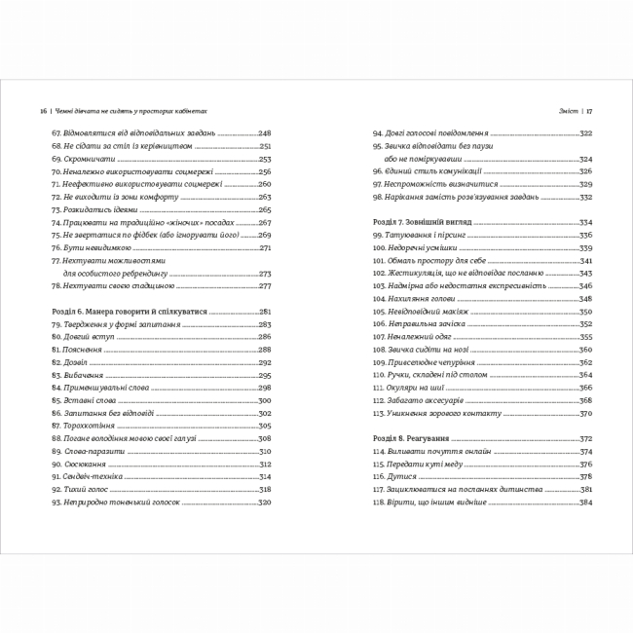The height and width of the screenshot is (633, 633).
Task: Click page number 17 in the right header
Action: (x=590, y=110)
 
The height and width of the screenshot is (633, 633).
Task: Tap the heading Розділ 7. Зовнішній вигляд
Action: (x=423, y=221)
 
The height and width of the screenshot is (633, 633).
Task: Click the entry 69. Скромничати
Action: (x=79, y=158)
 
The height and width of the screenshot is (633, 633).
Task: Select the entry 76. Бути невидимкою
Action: (x=86, y=247)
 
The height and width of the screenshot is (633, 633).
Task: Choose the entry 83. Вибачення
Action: (x=78, y=374)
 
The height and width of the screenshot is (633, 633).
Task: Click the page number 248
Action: (x=265, y=132)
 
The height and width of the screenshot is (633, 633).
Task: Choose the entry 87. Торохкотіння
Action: (x=83, y=425)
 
